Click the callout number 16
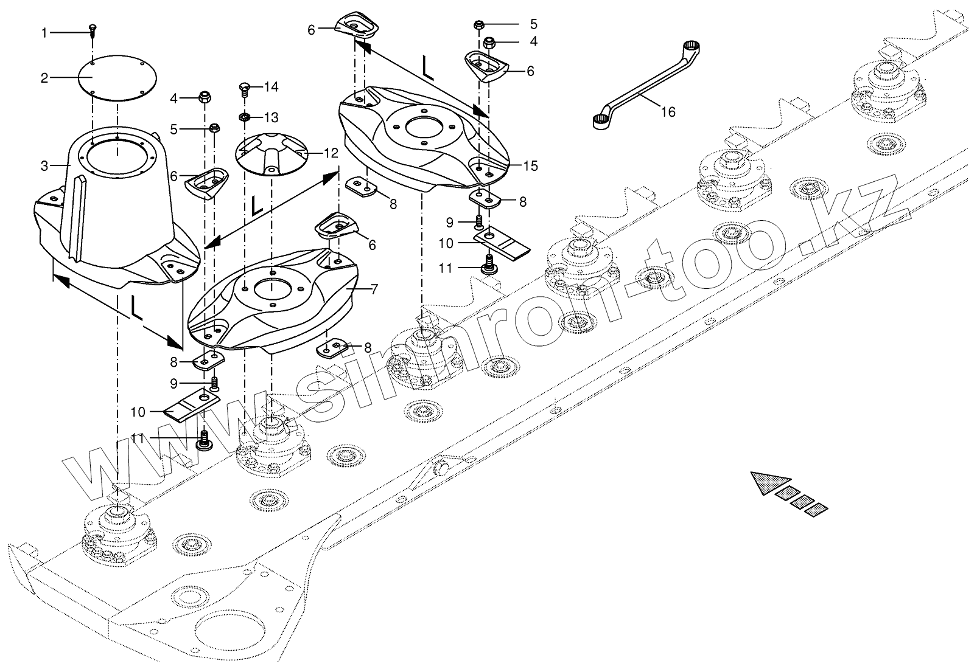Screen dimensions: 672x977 [668, 113]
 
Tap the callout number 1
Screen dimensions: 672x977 [44, 33]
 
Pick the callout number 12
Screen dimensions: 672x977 [331, 154]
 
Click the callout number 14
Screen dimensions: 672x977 [271, 88]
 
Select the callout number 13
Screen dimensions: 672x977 [271, 116]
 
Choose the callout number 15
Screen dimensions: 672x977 [530, 165]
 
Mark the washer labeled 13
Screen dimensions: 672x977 [244, 117]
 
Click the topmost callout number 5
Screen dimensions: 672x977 [534, 24]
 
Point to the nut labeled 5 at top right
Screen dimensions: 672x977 [478, 25]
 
